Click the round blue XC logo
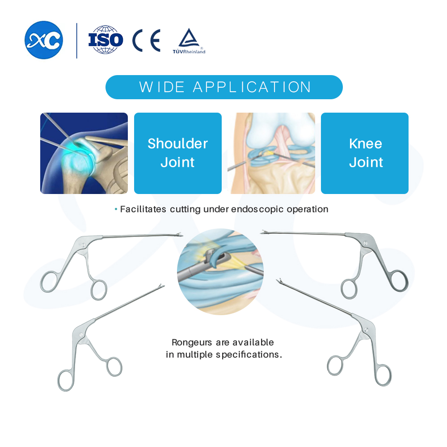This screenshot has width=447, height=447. pos(44,40)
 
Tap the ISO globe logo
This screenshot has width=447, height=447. pos(105,40)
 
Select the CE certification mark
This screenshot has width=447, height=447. pos(147,41)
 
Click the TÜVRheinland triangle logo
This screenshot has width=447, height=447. pos(189,41)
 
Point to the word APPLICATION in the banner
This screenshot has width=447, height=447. pos(252,87)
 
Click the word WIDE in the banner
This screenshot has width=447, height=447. pos(162,87)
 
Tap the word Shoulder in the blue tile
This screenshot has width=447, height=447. pos(177,143)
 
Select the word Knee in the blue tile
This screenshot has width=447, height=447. pos(366,143)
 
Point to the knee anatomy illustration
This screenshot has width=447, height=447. pos(271,153)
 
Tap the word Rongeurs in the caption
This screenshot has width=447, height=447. pos(192,342)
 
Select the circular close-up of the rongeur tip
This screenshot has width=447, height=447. pos(220,272)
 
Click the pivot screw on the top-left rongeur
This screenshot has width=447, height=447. pos(84,245)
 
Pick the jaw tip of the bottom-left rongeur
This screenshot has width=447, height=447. pos(162,286)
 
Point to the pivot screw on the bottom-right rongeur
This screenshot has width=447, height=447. pos(366,330)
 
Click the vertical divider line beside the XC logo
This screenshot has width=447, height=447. pos(77,41)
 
